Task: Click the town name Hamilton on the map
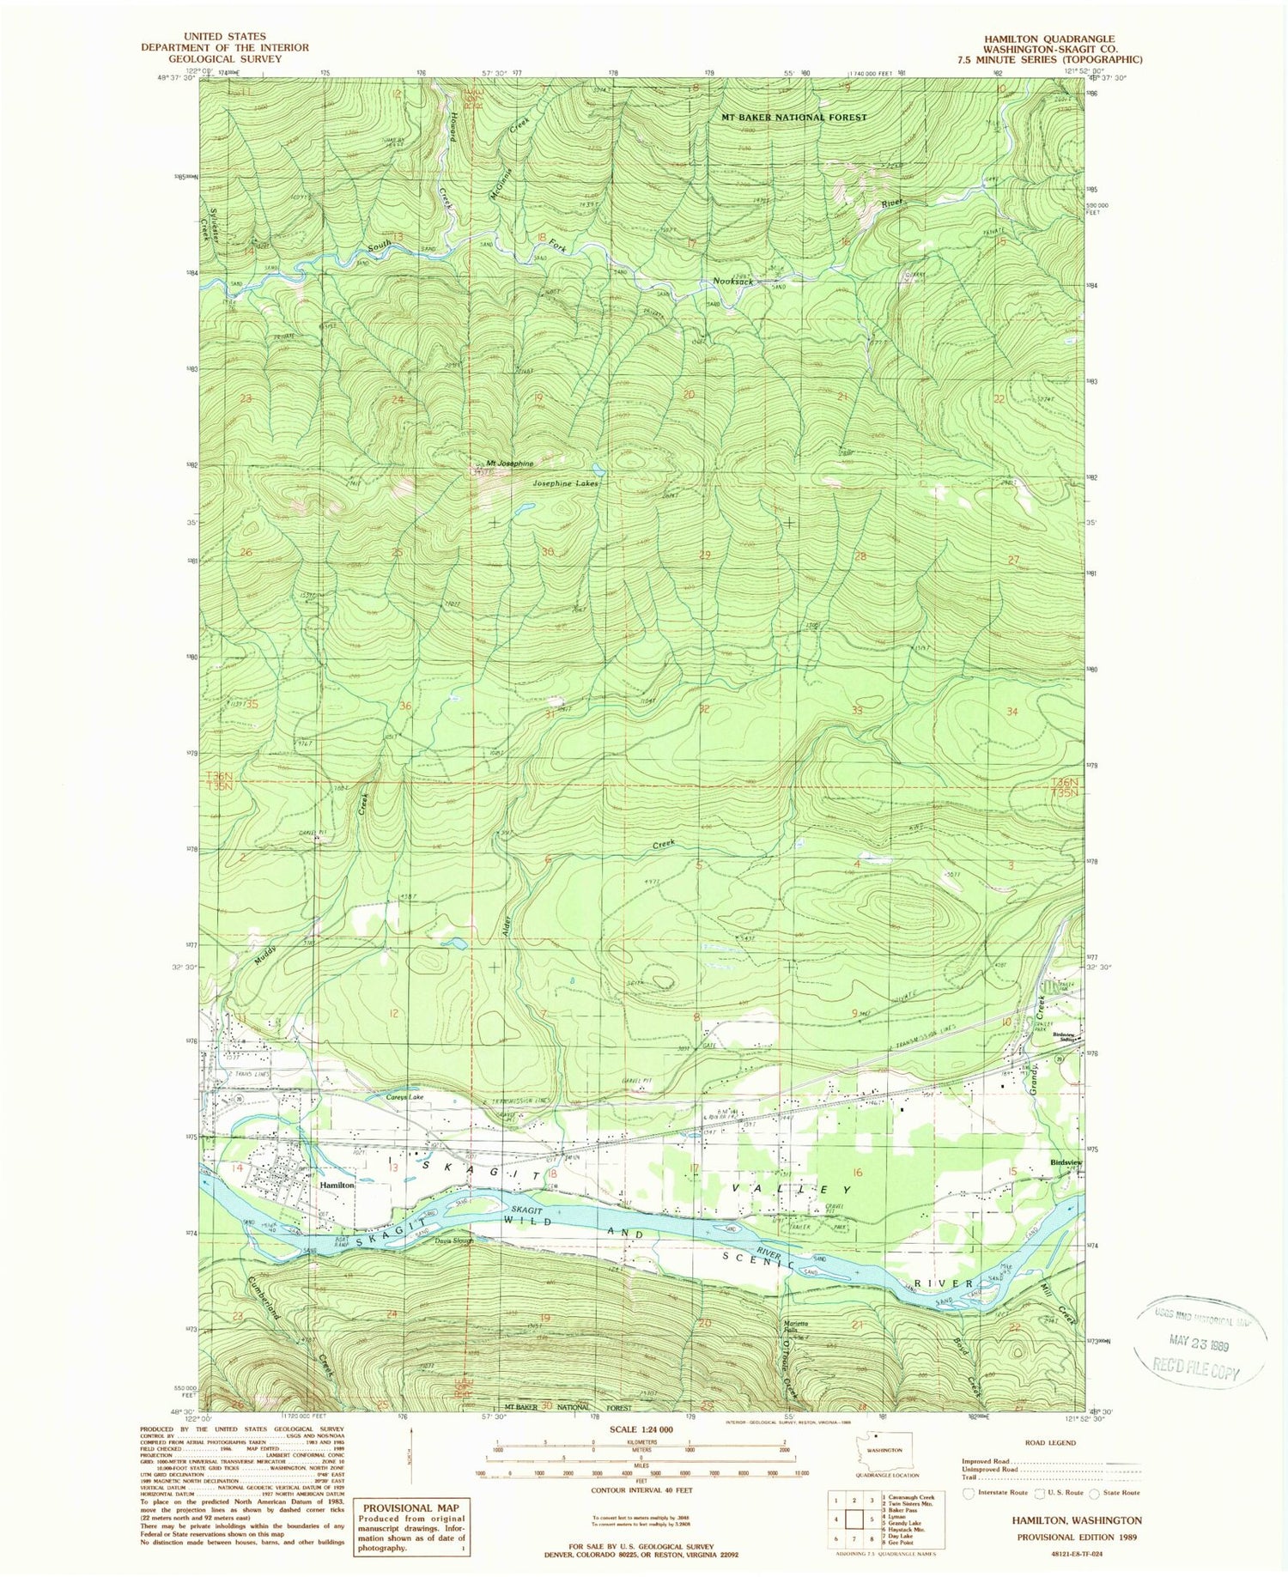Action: pos(337,1184)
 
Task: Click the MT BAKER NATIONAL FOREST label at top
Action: pos(793,117)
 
